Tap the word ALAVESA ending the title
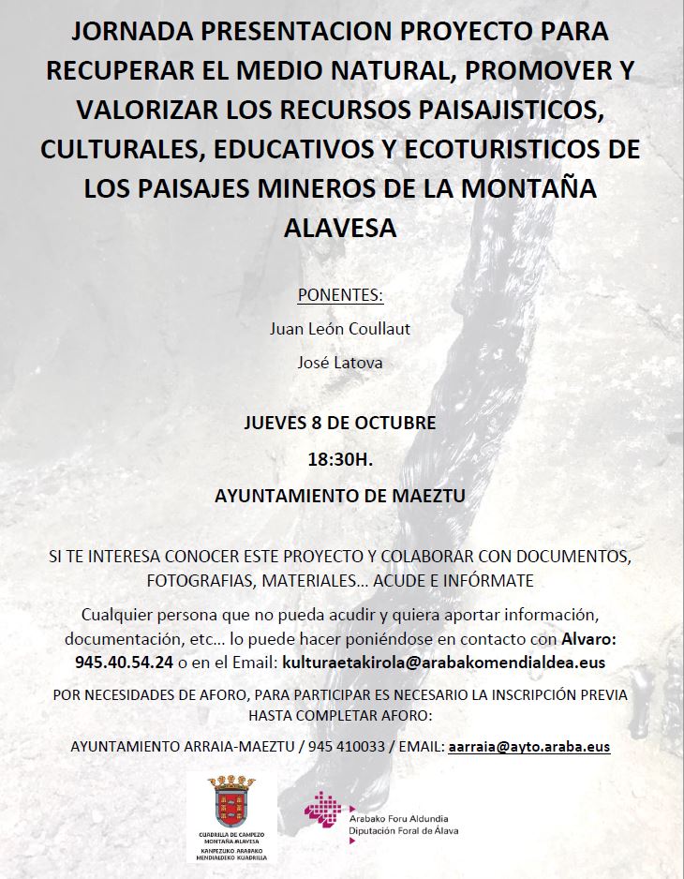tap(341, 227)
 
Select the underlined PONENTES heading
tap(340, 296)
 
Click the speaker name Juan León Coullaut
tap(340, 329)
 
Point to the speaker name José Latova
tap(340, 362)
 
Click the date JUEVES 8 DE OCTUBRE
tap(340, 423)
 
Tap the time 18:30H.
tap(340, 460)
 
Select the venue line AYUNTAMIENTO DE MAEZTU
tap(340, 497)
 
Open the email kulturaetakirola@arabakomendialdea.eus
tap(443, 662)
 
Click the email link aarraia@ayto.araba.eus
tap(529, 748)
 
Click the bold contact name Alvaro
tap(587, 638)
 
